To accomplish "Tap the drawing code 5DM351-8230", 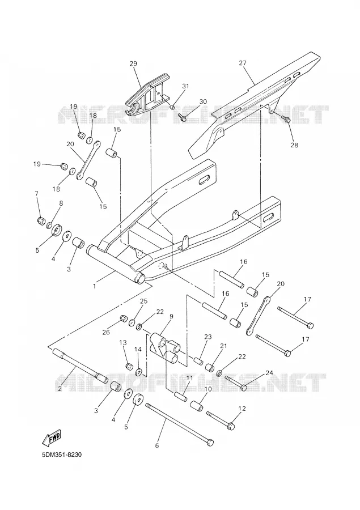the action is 62,454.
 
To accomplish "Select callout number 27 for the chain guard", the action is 243,63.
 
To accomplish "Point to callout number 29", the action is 133,63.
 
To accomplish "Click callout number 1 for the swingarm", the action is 95,286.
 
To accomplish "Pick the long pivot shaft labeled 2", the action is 80,366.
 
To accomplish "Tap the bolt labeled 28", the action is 286,120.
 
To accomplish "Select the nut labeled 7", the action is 41,221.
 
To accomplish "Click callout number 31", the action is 185,86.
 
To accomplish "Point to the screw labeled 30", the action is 182,117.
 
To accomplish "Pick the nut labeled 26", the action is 124,318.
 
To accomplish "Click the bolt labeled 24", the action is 236,382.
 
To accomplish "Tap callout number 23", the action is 208,337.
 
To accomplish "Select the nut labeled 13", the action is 129,365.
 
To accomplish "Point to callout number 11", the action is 189,379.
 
